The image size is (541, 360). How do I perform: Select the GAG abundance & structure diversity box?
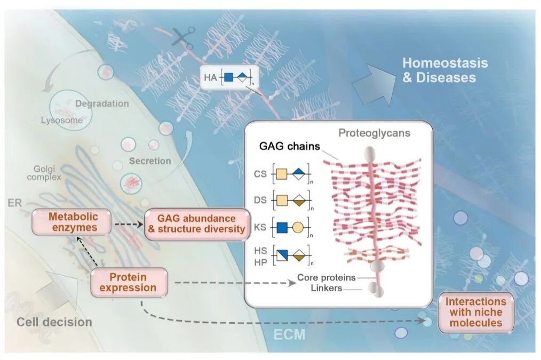click(196, 224)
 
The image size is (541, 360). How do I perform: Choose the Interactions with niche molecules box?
click(476, 312)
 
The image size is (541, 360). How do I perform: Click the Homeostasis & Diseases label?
click(437, 70)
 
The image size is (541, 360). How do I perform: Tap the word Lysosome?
click(62, 120)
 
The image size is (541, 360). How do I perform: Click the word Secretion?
click(150, 161)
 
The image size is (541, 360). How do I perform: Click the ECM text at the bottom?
click(290, 335)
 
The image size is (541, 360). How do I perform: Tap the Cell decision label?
click(54, 322)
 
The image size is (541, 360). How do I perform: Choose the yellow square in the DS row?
click(282, 201)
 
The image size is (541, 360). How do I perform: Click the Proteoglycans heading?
click(374, 132)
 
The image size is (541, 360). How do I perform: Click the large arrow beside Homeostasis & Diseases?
click(373, 81)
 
